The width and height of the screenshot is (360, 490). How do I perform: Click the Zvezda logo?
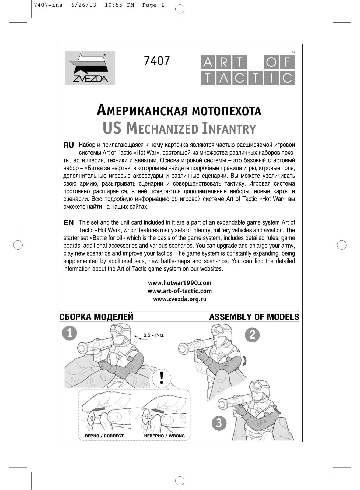pos(90,68)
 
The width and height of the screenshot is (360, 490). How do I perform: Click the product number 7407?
pos(157,61)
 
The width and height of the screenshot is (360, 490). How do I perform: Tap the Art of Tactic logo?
pos(247,70)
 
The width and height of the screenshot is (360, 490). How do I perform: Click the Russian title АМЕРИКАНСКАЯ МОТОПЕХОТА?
pos(179,111)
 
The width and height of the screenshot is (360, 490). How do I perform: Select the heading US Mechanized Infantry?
pos(179,128)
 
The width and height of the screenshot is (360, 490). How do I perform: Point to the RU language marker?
pos(69,145)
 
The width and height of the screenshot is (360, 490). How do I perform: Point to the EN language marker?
pos(69,223)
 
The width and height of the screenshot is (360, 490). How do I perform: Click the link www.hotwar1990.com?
pos(180,283)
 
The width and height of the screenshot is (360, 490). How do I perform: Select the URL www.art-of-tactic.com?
pos(180,291)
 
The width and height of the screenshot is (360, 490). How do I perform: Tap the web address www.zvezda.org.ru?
pos(180,299)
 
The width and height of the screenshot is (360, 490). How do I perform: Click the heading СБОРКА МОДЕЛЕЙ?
pos(96,317)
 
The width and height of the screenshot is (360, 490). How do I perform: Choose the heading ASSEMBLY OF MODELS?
pos(254,317)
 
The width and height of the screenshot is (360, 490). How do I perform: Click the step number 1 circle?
pos(69,333)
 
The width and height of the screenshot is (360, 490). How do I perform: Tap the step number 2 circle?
pos(252,335)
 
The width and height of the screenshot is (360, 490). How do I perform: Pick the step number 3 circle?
pos(219,423)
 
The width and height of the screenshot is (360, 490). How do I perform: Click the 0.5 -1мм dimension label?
pos(154,335)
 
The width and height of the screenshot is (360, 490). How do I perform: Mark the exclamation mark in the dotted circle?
pos(162,378)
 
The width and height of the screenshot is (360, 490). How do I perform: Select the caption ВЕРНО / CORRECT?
pos(104,436)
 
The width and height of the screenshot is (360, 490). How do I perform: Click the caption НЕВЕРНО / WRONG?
pos(164,436)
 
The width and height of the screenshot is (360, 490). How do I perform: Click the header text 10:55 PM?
pos(119,5)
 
